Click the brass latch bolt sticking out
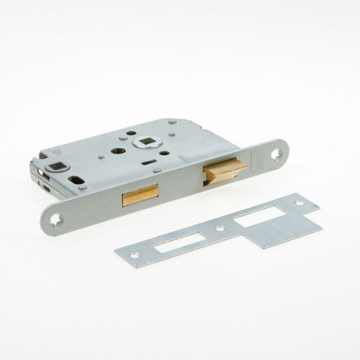pyautogui.click(x=223, y=170)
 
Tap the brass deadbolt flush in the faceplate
pyautogui.click(x=140, y=195)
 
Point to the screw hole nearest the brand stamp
pyautogui.click(x=276, y=155)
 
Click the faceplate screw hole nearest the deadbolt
pyautogui.click(x=57, y=220)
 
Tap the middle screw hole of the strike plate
pyautogui.click(x=220, y=228)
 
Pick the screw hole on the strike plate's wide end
pyautogui.click(x=299, y=203)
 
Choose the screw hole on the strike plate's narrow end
pyautogui.click(x=134, y=255)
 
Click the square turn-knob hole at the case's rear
pyautogui.click(x=58, y=166)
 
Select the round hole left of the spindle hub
pyautogui.click(x=118, y=151)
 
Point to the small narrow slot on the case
pyautogui.click(x=148, y=161)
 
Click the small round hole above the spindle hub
pyautogui.click(x=131, y=133)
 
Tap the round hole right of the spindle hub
pyautogui.click(x=164, y=153)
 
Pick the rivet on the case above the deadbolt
pyautogui.click(x=156, y=171)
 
